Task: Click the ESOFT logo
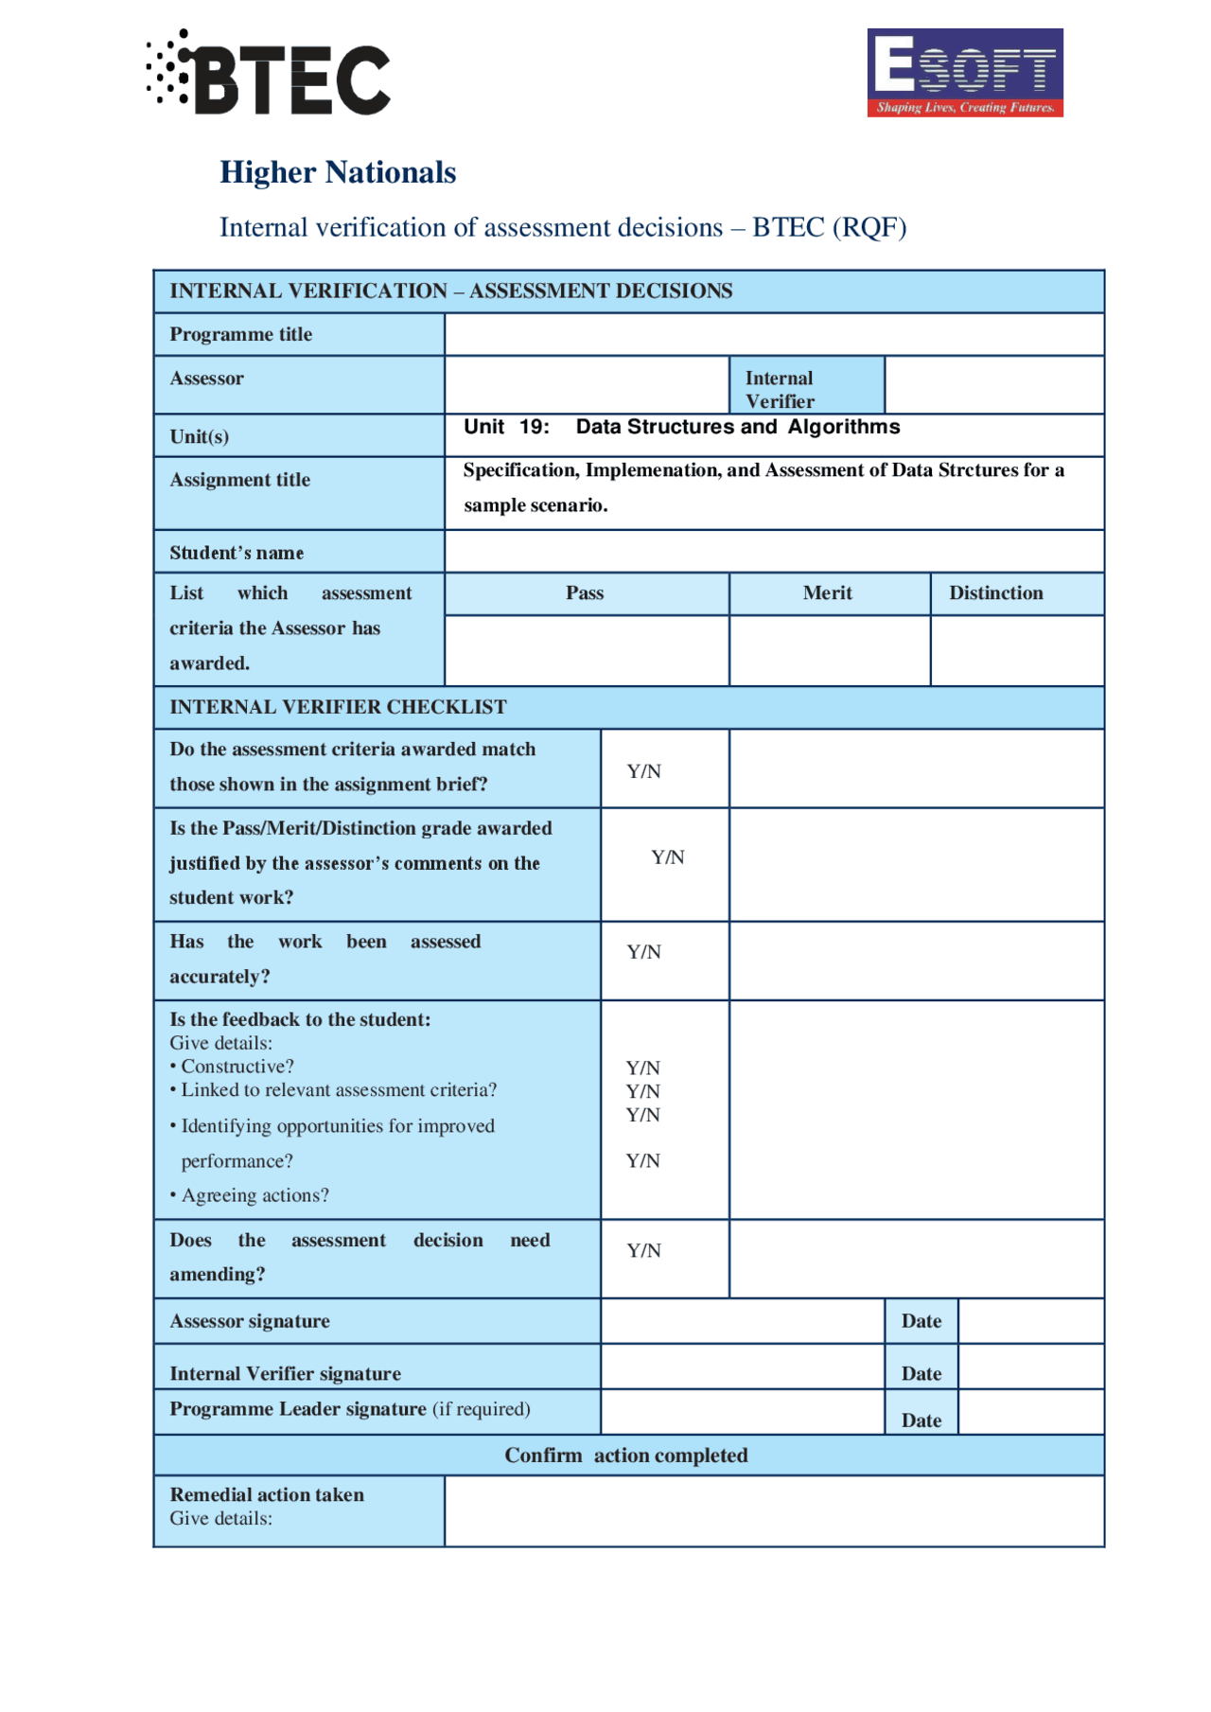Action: [x=964, y=73]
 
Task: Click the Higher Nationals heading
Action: [x=338, y=172]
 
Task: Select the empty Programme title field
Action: [x=773, y=334]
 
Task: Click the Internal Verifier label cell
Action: [x=806, y=388]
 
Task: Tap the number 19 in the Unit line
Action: [x=534, y=427]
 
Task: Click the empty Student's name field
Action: [x=773, y=551]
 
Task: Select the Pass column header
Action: [x=585, y=593]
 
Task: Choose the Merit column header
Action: [x=828, y=593]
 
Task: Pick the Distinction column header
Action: [x=995, y=593]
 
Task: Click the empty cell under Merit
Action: [x=829, y=650]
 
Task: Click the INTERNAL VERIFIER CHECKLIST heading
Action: [x=338, y=707]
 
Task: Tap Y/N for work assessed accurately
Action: [x=644, y=952]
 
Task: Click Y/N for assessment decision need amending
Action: [x=644, y=1251]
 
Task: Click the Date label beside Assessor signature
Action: [x=921, y=1321]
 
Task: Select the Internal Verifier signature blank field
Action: [x=742, y=1368]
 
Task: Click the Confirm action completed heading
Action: [x=625, y=1456]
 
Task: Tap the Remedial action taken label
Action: [x=267, y=1495]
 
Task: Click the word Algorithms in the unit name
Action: [x=844, y=427]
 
